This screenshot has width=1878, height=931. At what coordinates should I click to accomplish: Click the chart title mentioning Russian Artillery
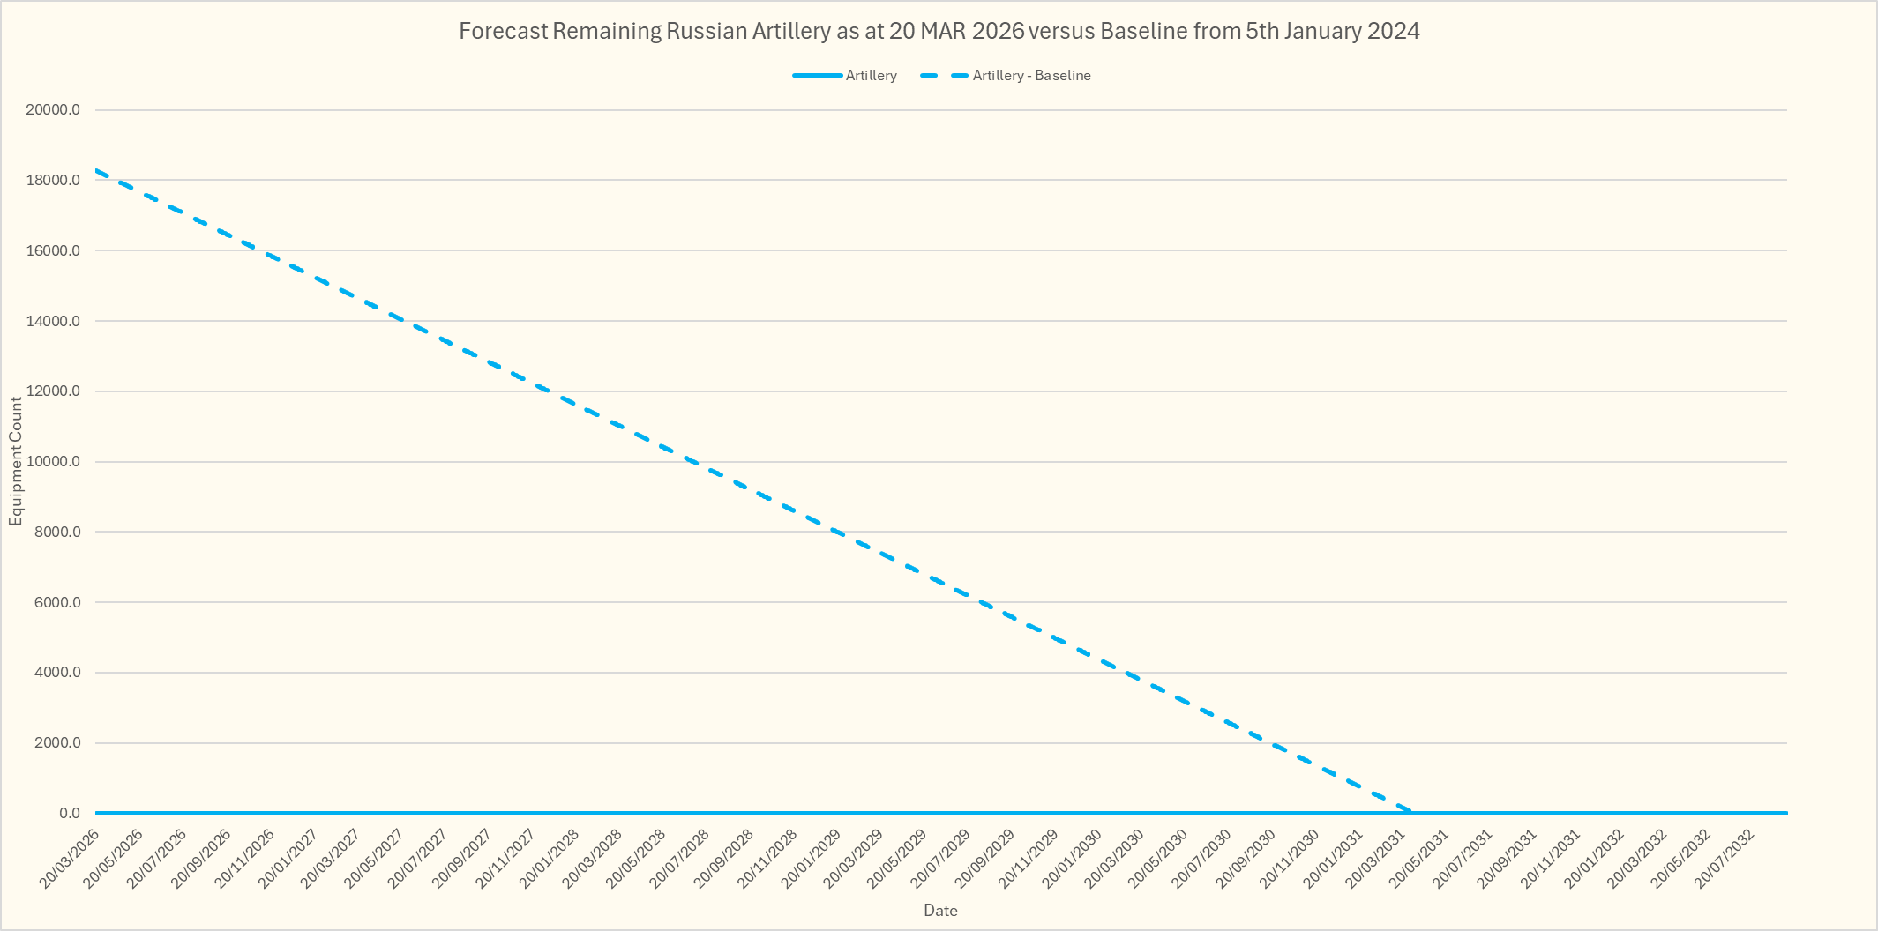pos(939,32)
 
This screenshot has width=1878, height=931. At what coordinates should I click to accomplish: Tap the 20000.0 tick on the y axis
pos(54,110)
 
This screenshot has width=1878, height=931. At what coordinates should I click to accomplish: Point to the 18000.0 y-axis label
pos(54,181)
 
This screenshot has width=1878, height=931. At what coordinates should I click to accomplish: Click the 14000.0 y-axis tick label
pos(54,321)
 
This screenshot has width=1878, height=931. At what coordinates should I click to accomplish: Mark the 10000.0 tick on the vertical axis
pos(54,462)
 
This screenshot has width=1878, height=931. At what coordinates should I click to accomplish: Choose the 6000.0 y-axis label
pos(57,602)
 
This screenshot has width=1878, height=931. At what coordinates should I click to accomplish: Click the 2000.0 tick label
pos(57,743)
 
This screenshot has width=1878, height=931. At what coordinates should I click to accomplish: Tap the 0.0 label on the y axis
pos(70,813)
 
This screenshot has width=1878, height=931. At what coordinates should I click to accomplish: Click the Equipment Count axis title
pos(16,461)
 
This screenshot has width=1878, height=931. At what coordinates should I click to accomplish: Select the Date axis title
pos(940,911)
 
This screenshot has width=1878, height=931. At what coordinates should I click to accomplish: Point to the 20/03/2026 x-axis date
pos(69,858)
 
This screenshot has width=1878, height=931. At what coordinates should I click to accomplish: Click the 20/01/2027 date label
pos(287,858)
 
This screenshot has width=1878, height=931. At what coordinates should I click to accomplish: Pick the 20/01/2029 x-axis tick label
pos(810,858)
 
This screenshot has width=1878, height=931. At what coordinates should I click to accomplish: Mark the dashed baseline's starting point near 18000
pos(96,170)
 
